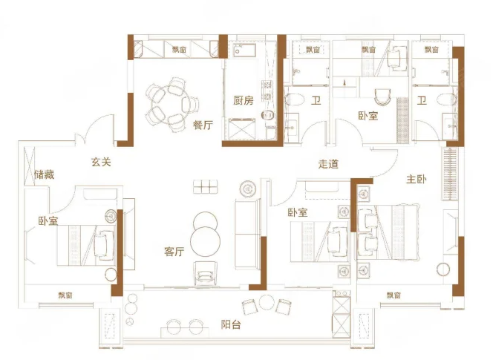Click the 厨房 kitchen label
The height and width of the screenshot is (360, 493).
[x=244, y=101]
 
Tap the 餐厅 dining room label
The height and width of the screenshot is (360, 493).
[x=203, y=125]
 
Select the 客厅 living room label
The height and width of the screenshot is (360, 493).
[x=174, y=252]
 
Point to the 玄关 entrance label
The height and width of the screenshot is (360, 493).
[x=101, y=163]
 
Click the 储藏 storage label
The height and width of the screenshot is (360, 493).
[x=45, y=174]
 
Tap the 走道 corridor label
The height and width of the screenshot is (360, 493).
[x=328, y=164]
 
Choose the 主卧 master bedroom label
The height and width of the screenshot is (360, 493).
[x=417, y=179]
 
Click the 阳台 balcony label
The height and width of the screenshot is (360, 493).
[x=231, y=324]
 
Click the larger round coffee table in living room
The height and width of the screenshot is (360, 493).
[x=206, y=241]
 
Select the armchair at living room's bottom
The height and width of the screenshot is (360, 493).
[x=206, y=272]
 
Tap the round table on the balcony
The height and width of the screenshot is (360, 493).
[x=267, y=303]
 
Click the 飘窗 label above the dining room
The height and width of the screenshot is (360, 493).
[x=179, y=50]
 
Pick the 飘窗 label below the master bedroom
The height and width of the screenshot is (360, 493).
[x=394, y=295]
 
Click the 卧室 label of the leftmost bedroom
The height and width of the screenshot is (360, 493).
[x=48, y=221]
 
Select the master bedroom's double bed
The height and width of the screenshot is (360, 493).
[x=388, y=232]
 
